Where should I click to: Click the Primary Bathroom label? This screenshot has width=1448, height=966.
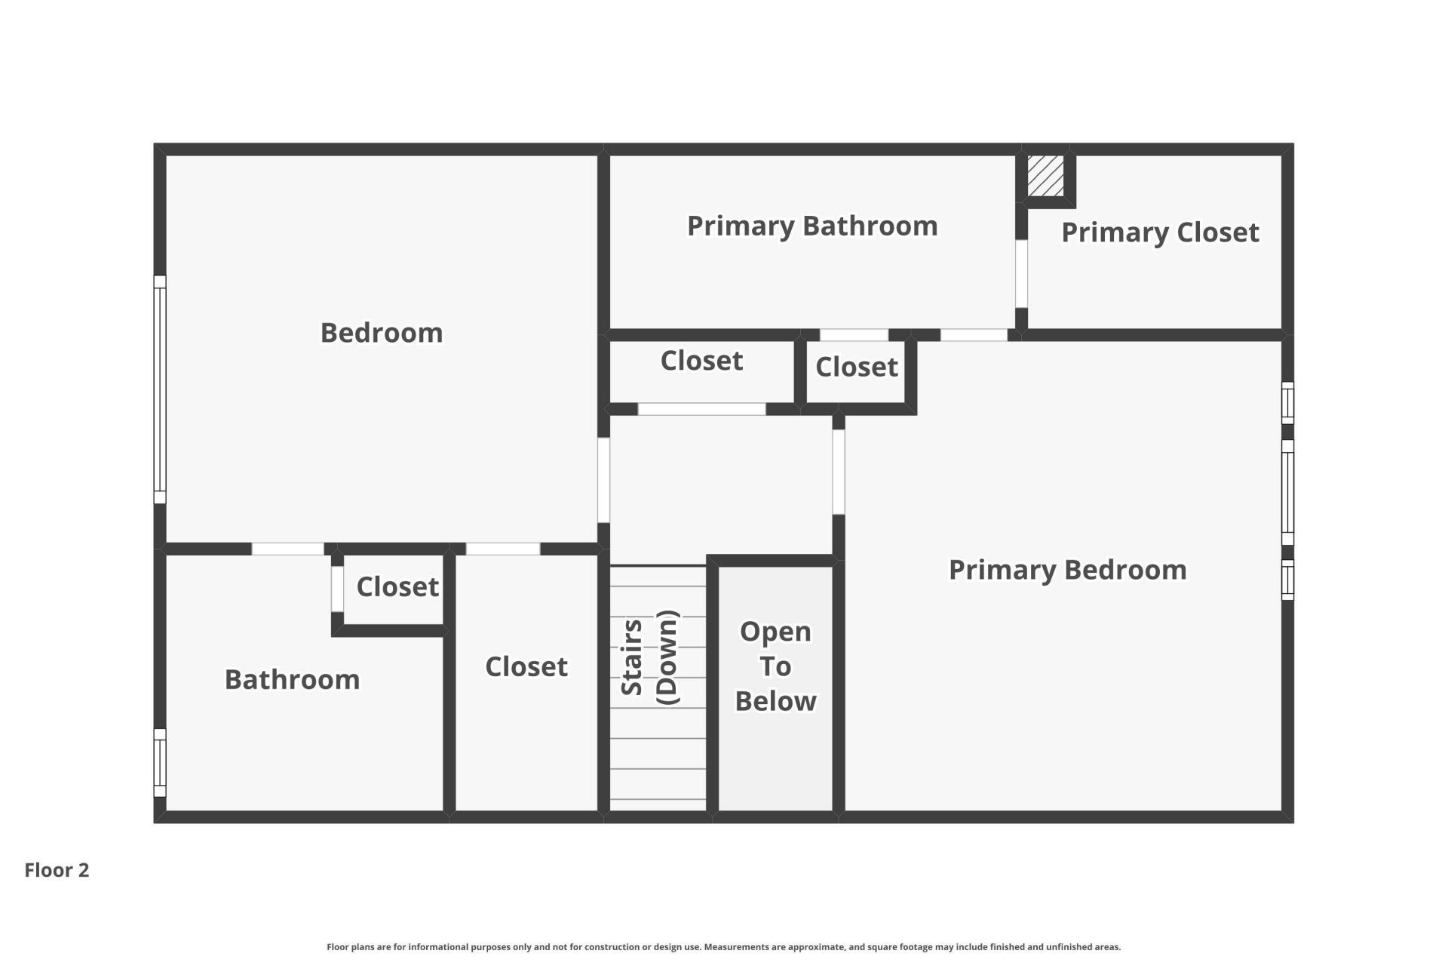point(812,226)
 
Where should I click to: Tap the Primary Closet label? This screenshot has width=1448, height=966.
point(1160,232)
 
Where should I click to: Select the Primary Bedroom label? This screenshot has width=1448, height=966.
point(1067,570)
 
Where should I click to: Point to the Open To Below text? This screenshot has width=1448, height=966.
point(775,666)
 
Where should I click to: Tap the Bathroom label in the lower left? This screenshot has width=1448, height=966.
point(292,680)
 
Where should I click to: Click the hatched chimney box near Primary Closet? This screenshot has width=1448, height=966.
point(1045,176)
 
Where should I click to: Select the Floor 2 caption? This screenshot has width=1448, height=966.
point(57,870)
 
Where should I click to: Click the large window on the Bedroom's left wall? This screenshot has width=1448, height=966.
point(160,389)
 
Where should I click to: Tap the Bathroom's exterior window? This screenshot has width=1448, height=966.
point(160,762)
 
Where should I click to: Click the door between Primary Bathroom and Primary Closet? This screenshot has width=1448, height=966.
point(1021,273)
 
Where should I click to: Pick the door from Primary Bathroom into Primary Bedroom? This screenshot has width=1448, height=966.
point(974,334)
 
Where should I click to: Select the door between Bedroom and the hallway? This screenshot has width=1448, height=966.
point(603,480)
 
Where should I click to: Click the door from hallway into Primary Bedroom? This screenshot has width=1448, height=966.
point(839,472)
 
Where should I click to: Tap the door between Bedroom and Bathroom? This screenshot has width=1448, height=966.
point(287,549)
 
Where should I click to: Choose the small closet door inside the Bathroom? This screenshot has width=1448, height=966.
point(337,589)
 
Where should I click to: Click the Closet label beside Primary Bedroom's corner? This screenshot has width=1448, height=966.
point(856,368)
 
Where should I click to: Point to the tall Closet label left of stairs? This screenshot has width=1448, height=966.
point(526,667)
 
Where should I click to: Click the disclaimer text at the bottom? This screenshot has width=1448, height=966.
point(723,947)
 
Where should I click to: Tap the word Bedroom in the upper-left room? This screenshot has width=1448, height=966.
point(382,333)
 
